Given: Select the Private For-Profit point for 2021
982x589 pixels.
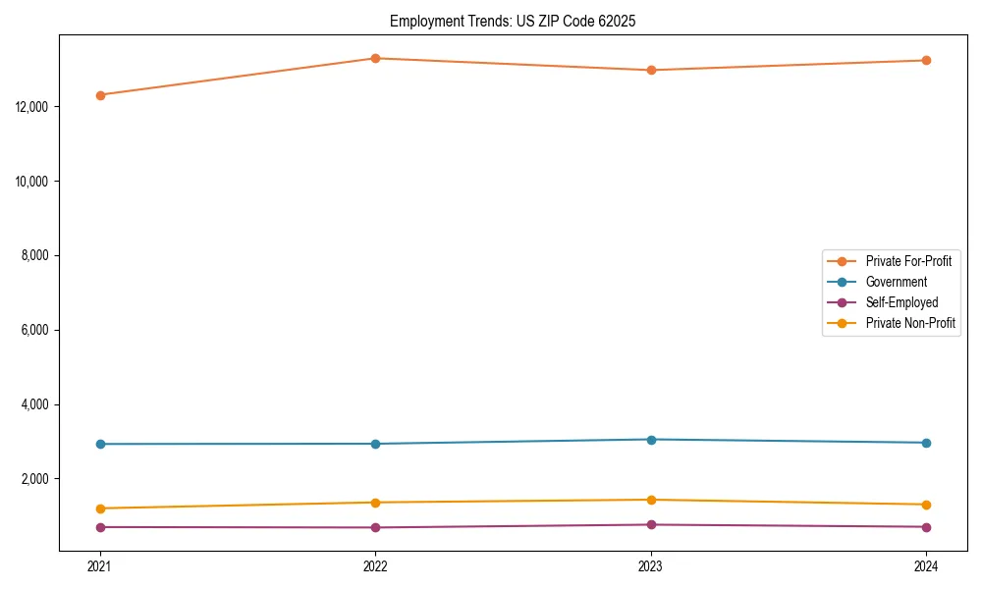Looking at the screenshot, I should click(x=100, y=95).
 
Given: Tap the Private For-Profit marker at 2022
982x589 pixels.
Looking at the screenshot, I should click(x=375, y=58).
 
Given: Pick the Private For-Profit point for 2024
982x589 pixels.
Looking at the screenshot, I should click(x=926, y=61).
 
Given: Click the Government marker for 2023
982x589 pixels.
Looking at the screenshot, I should click(x=651, y=439).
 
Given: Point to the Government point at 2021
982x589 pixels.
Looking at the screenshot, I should click(x=100, y=444).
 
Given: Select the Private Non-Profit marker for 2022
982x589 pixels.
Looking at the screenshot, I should click(x=375, y=503).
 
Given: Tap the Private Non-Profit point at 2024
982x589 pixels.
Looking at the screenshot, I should click(x=926, y=505).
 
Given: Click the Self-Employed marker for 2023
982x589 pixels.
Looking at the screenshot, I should click(x=651, y=524).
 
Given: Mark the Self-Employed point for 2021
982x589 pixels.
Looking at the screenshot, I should click(x=100, y=527).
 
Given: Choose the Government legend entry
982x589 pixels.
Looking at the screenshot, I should click(x=896, y=282).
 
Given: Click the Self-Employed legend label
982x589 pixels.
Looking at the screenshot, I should click(x=901, y=302).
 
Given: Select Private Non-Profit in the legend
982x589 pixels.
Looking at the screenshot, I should click(x=910, y=323).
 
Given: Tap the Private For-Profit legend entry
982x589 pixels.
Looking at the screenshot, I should click(x=907, y=261).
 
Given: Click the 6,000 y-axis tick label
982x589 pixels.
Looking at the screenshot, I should click(x=35, y=330).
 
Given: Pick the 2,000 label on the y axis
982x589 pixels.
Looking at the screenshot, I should click(x=35, y=479).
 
